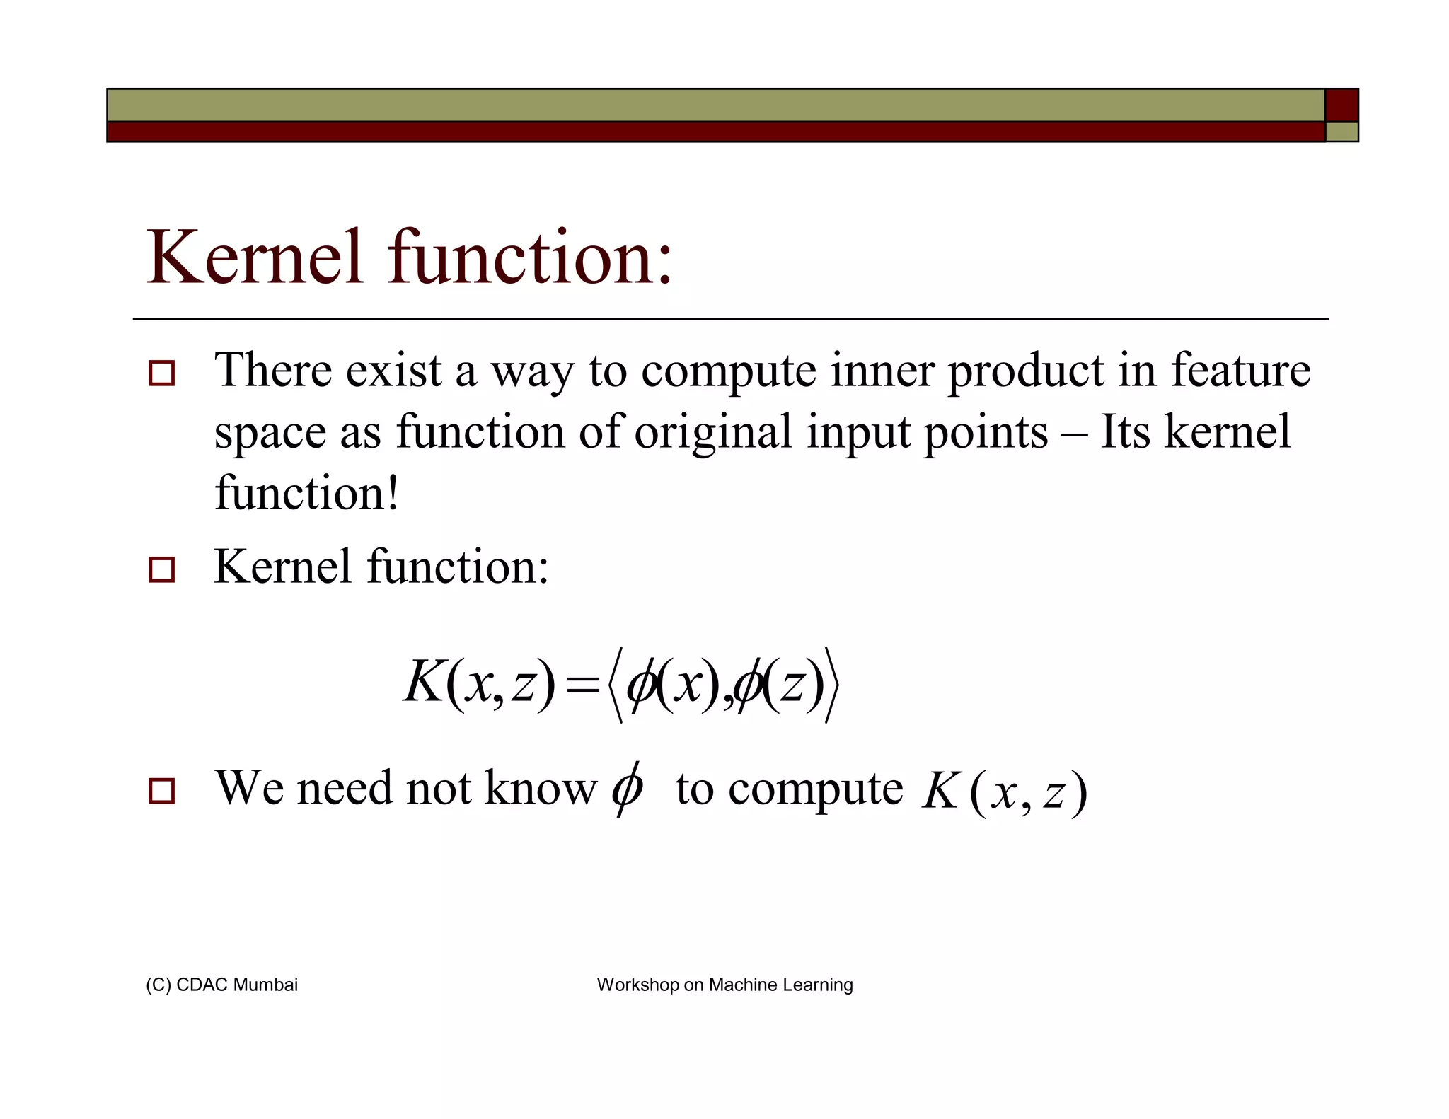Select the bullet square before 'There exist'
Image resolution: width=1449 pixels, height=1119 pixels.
point(162,373)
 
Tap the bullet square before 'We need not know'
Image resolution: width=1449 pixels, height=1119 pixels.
point(162,790)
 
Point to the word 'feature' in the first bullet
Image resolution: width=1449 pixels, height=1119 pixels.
point(1240,371)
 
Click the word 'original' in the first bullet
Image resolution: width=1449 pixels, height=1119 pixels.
point(712,433)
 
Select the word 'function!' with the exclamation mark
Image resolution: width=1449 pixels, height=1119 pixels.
point(307,493)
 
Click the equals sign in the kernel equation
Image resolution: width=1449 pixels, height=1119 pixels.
point(582,685)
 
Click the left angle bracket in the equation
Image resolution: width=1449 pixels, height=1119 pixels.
point(615,685)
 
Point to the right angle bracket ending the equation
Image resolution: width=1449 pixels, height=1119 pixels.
point(832,685)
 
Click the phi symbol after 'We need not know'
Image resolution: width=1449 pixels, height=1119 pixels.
point(627,788)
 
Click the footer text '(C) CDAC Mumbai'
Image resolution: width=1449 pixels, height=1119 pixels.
point(221,985)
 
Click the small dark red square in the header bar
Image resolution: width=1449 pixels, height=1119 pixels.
point(1341,105)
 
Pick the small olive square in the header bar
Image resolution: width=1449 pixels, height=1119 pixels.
point(1341,132)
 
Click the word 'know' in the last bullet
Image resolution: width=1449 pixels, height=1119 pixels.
point(541,788)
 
